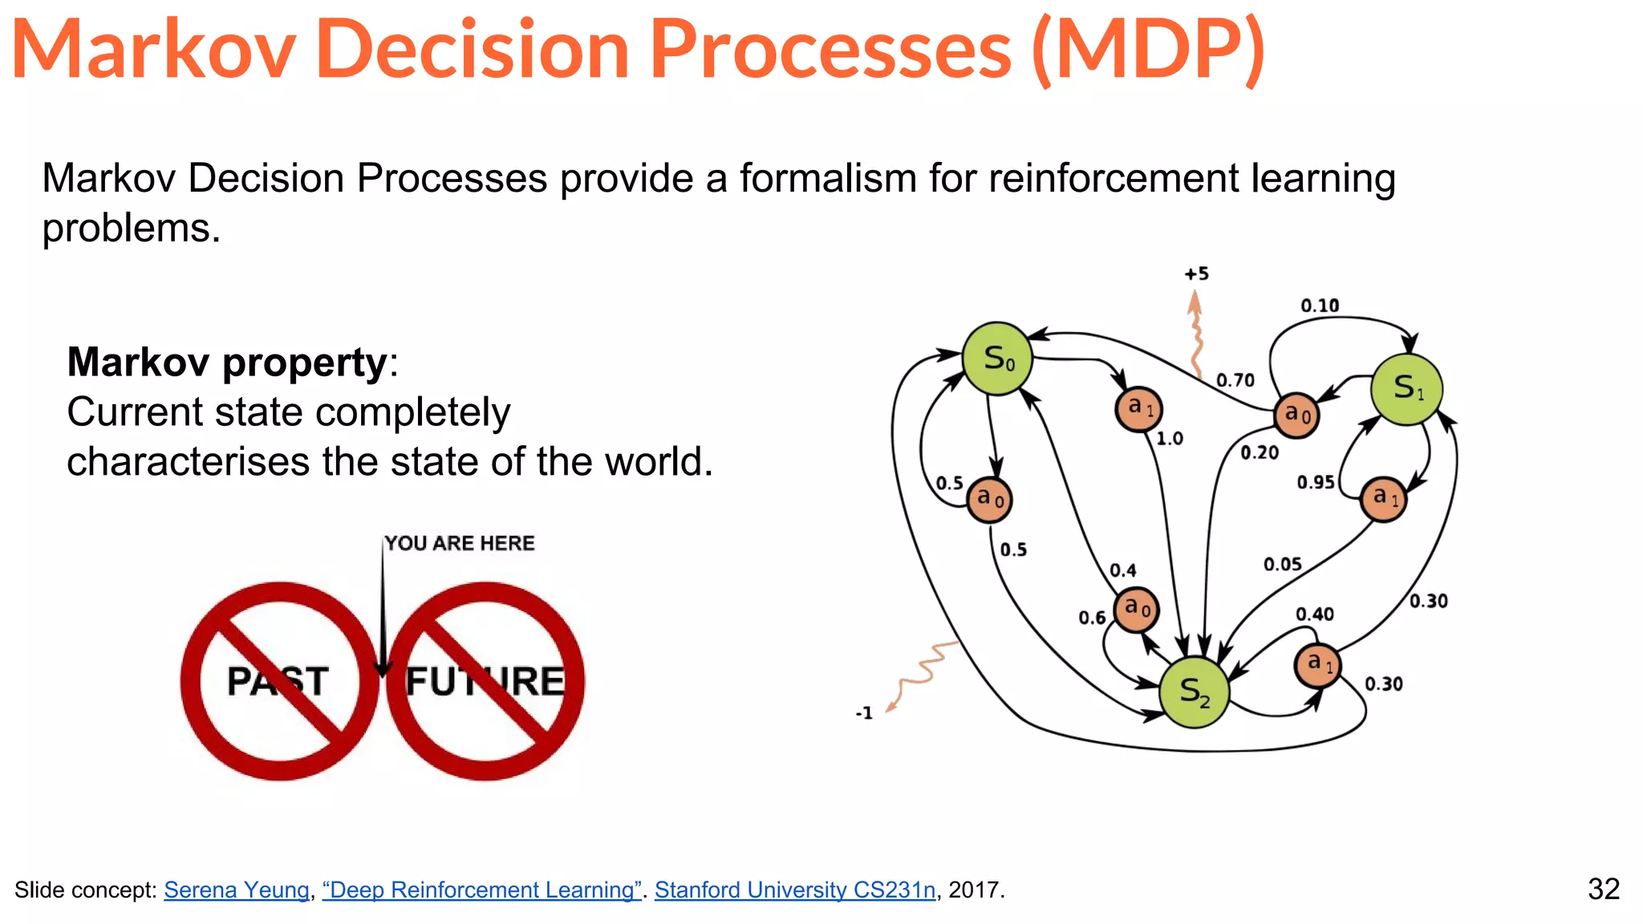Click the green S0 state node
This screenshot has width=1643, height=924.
[x=997, y=359]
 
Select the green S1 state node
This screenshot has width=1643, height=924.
[x=1407, y=389]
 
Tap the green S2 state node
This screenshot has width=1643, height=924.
[x=1194, y=692]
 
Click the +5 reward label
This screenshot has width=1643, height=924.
[x=1196, y=274]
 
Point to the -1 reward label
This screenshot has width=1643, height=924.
[x=864, y=713]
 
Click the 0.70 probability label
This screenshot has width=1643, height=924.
[x=1235, y=380]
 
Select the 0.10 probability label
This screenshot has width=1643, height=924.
[x=1320, y=306]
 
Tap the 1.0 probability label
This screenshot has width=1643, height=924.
[x=1170, y=439]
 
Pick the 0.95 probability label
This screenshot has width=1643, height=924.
[x=1316, y=482]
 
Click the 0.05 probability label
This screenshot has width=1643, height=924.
[x=1282, y=565]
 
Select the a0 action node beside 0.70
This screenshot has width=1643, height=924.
[x=1296, y=415]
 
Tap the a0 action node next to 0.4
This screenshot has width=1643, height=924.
[x=1137, y=610]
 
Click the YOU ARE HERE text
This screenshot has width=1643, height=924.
[x=459, y=543]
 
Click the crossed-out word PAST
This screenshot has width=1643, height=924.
[x=278, y=681]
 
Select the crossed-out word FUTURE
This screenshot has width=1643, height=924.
[x=485, y=681]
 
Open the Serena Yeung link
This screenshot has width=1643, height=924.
[x=237, y=890]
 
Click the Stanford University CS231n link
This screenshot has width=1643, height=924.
[x=794, y=890]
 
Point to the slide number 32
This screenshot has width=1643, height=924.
[x=1603, y=889]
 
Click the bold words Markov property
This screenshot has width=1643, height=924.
[x=227, y=362]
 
